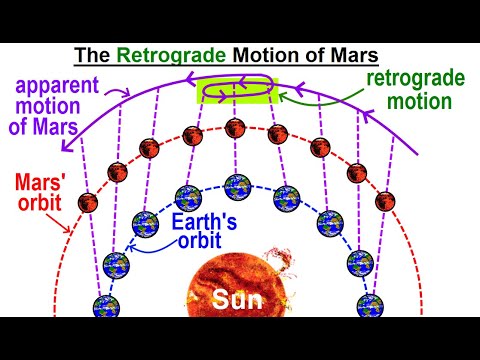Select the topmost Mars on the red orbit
pyautogui.click(x=237, y=127)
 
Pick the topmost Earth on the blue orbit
pyautogui.click(x=238, y=186)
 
